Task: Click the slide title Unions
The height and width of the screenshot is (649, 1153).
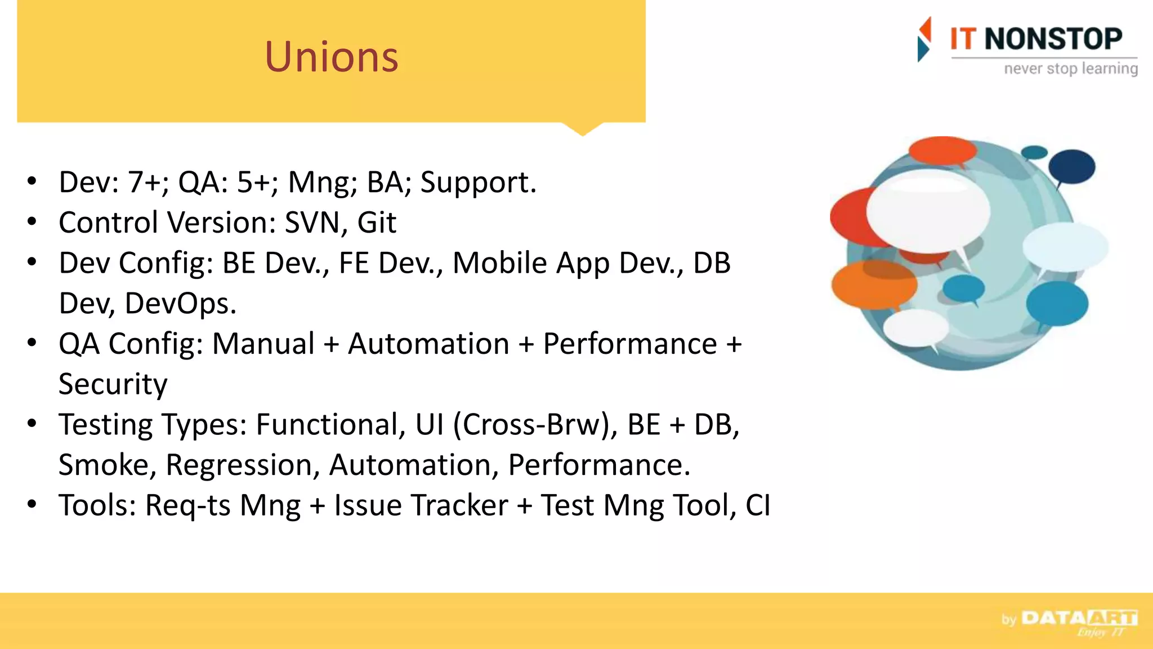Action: coord(332,57)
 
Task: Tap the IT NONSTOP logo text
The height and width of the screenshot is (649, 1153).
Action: coord(1036,39)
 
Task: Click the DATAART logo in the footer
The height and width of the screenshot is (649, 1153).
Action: coord(1078,619)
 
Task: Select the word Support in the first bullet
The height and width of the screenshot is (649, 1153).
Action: coord(477,183)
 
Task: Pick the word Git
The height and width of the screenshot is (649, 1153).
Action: coord(377,223)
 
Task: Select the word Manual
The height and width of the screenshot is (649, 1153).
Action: coord(263,344)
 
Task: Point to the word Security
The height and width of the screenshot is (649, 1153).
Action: coord(113,384)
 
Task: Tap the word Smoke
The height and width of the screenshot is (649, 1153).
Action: coord(107,465)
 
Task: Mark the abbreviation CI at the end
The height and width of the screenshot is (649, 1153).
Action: coord(758,505)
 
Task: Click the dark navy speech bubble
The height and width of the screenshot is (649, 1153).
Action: coord(1072,166)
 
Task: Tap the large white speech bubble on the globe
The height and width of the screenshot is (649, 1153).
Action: coord(928,211)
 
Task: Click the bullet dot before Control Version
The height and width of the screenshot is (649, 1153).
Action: coord(32,221)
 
